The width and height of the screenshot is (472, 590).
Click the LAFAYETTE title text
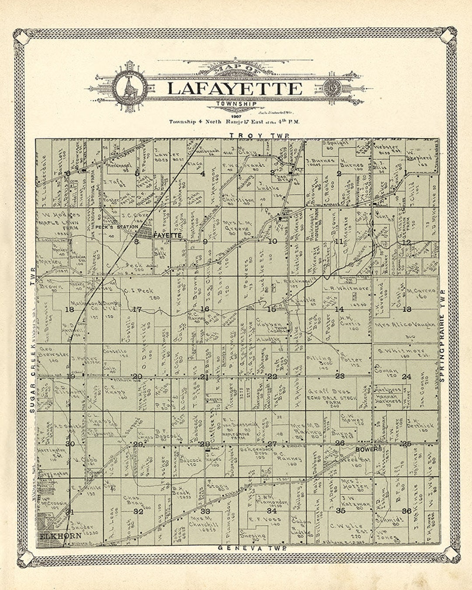click(235, 89)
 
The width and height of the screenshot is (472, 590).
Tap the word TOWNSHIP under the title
click(236, 104)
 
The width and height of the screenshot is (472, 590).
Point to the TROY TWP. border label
click(260, 136)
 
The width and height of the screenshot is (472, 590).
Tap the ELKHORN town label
click(54, 536)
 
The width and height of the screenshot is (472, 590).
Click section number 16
click(205, 309)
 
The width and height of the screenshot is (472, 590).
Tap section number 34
click(272, 510)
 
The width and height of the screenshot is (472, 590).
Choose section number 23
click(340, 376)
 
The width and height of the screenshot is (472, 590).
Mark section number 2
click(339, 173)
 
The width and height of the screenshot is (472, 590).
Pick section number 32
click(139, 511)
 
